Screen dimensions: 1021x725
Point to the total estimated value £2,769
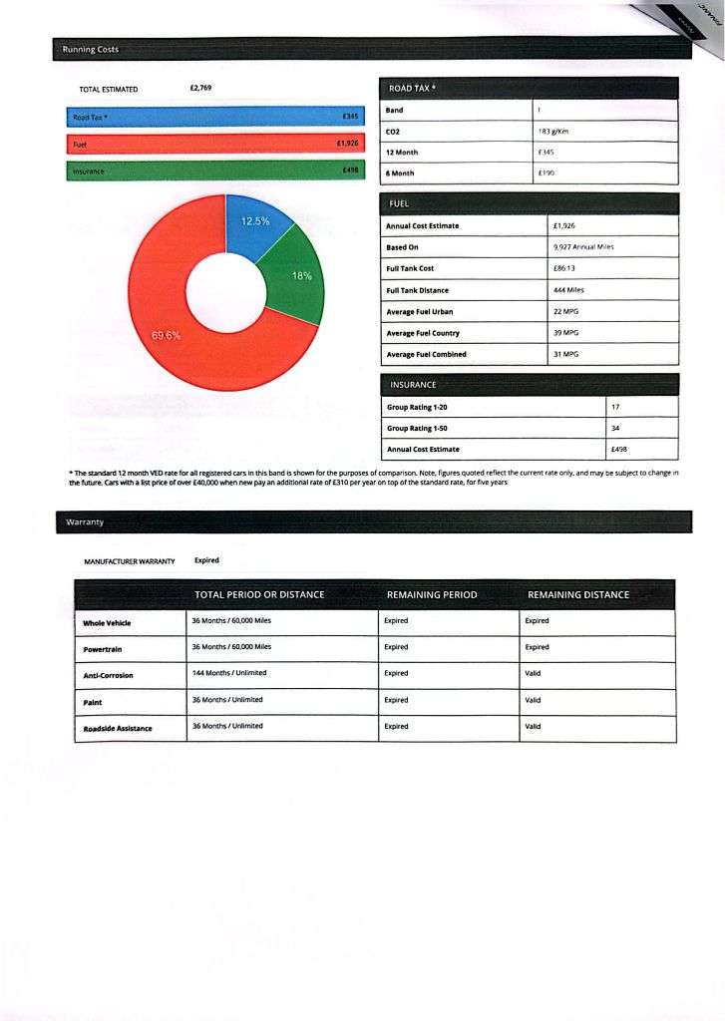coord(200,89)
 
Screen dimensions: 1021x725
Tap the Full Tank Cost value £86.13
coord(566,268)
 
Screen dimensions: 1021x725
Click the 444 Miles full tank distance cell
coord(568,290)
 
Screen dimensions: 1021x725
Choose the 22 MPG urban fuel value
coord(566,311)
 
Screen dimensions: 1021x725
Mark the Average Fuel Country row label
coord(423,333)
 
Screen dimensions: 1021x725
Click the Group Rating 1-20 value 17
coord(615,407)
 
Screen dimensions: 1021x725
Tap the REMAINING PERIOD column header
coord(431,594)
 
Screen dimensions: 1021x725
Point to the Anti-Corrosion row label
coord(108,675)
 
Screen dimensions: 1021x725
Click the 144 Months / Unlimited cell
coord(228,673)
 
